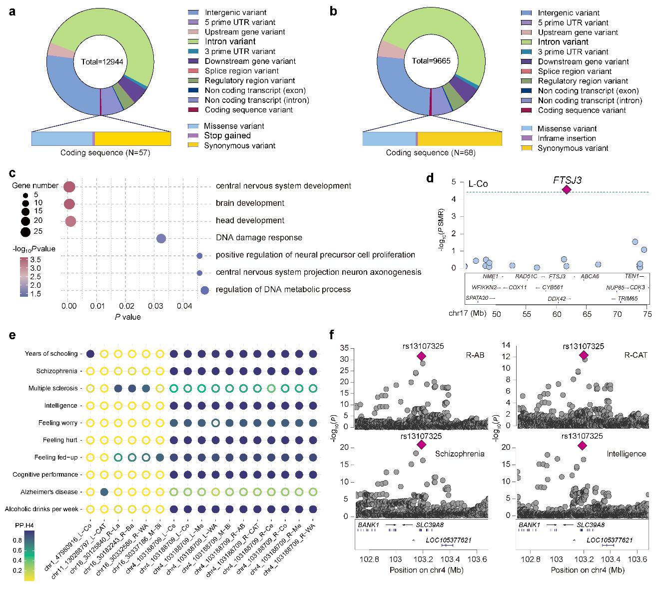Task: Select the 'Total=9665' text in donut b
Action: coord(431,61)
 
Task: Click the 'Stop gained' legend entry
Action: coord(227,136)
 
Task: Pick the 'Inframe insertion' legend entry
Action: coord(567,138)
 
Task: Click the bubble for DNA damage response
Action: coord(161,238)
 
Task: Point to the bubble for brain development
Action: coord(69,204)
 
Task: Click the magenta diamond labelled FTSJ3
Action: coord(567,189)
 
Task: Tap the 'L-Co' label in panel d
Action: coord(478,184)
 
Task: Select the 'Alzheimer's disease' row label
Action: coord(52,492)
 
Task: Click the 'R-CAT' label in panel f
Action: coord(636,355)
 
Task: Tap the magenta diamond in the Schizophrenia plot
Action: coord(421,445)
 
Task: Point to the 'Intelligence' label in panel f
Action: coord(626,454)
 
